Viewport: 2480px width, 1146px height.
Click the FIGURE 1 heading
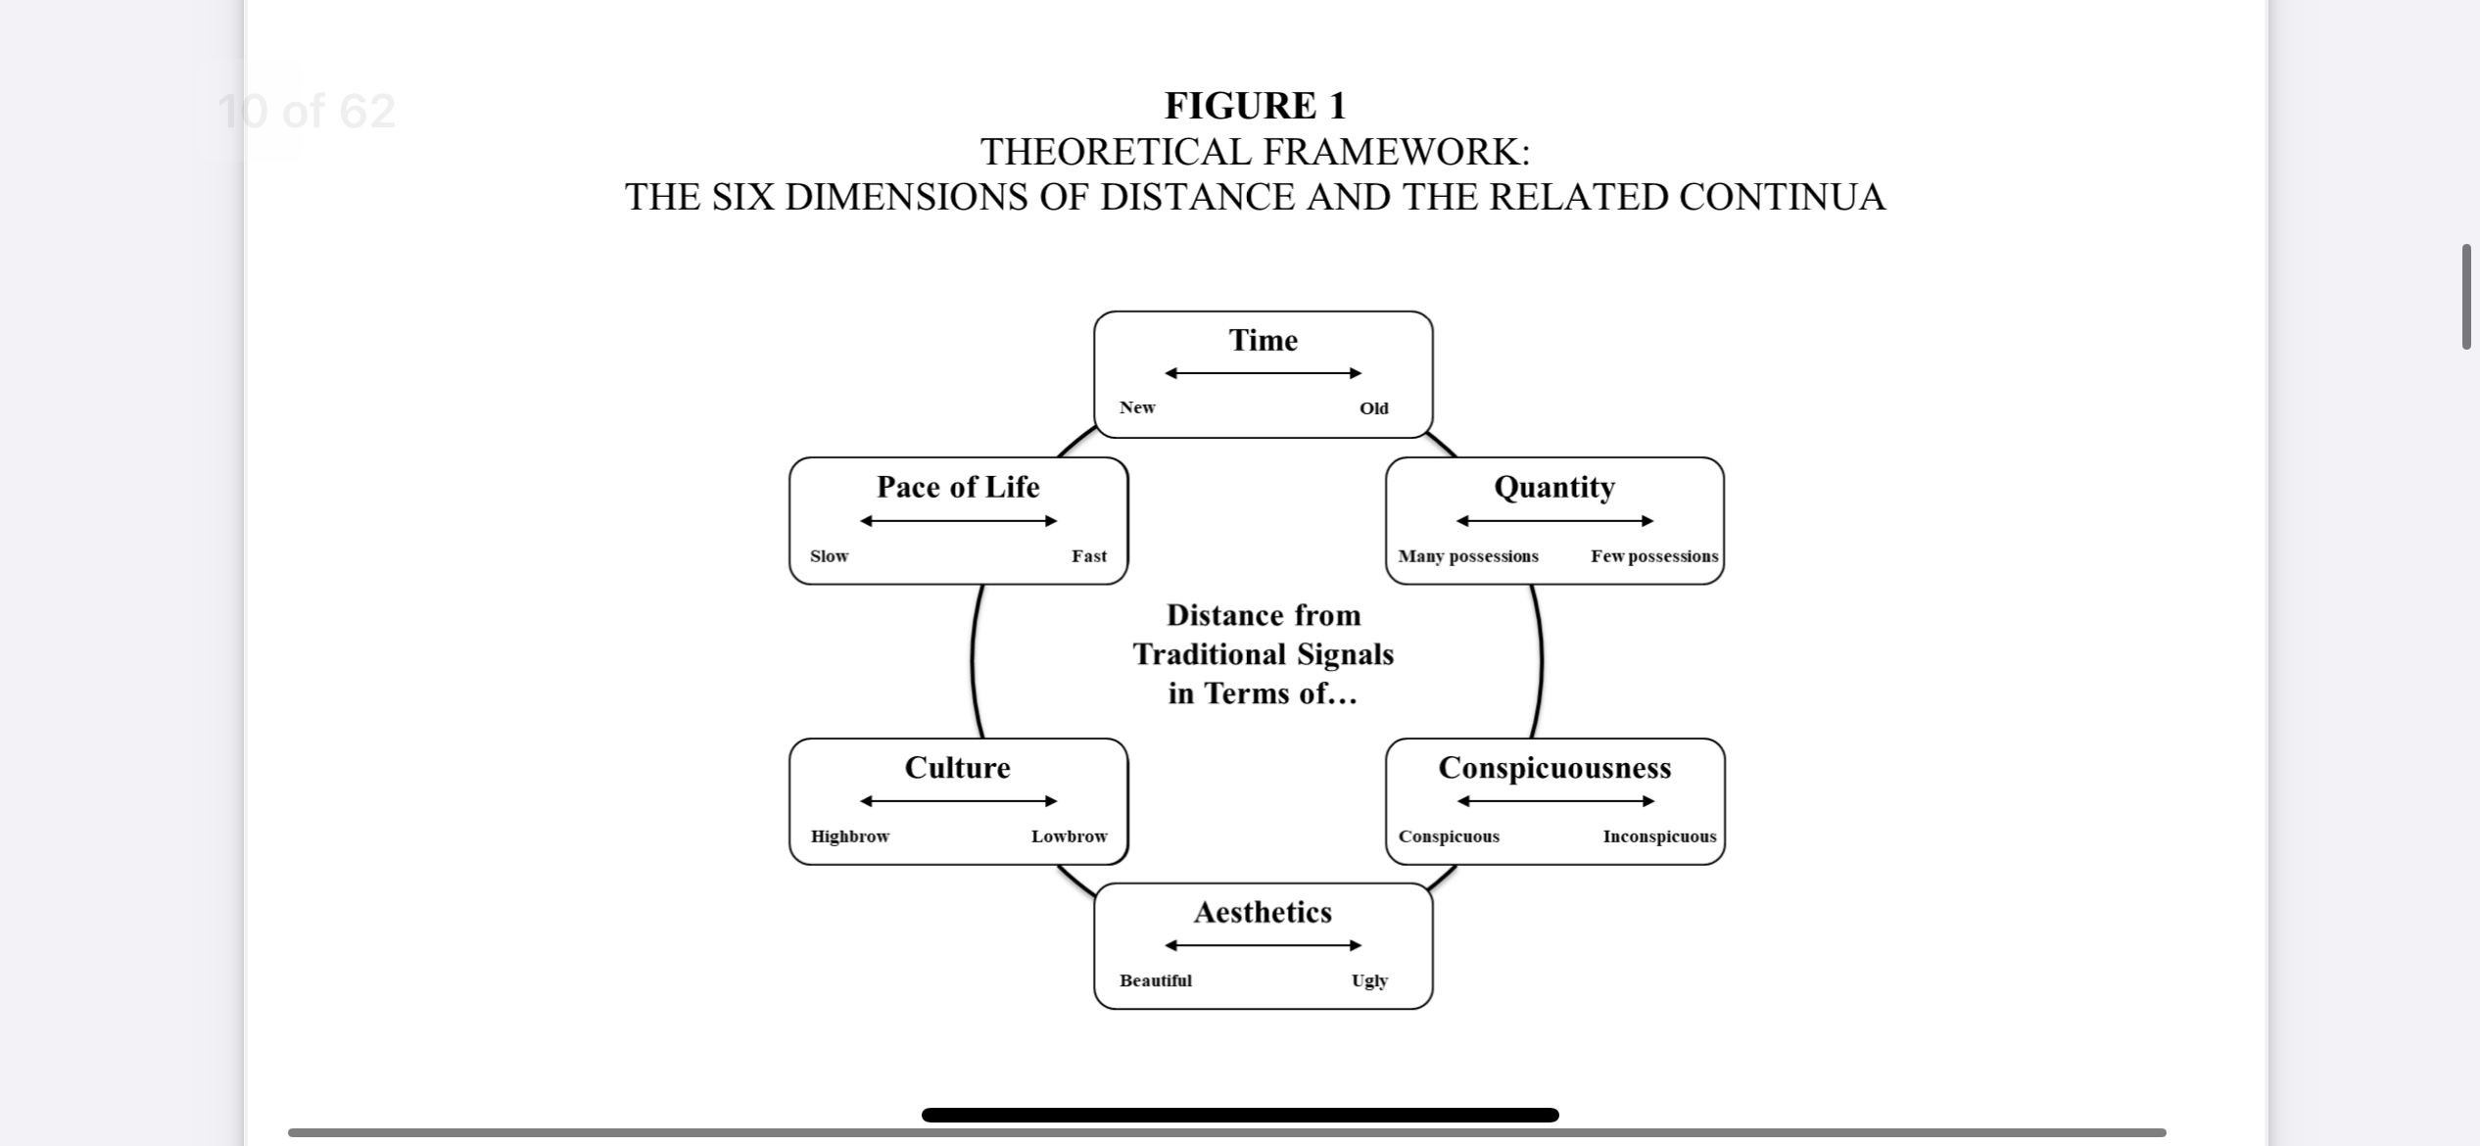pyautogui.click(x=1255, y=106)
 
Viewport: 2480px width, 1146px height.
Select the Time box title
pyautogui.click(x=1263, y=340)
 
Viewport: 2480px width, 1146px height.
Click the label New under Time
pyautogui.click(x=1137, y=407)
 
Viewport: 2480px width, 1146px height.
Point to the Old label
pyautogui.click(x=1373, y=408)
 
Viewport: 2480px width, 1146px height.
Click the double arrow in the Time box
pyautogui.click(x=1263, y=373)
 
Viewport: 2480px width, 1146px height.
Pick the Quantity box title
pyautogui.click(x=1554, y=487)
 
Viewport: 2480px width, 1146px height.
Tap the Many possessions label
pyautogui.click(x=1468, y=556)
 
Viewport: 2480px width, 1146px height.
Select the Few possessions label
pyautogui.click(x=1654, y=556)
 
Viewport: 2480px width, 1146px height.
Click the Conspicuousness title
pyautogui.click(x=1554, y=768)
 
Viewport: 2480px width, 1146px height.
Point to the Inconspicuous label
pyautogui.click(x=1659, y=836)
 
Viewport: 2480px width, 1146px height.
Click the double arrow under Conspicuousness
pyautogui.click(x=1555, y=801)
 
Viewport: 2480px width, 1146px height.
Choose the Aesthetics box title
pyautogui.click(x=1263, y=913)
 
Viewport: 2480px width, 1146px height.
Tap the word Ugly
pyautogui.click(x=1369, y=980)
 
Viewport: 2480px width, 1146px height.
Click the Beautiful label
pyautogui.click(x=1156, y=980)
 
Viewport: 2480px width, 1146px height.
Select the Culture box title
pyautogui.click(x=957, y=768)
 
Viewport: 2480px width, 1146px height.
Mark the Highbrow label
pyautogui.click(x=849, y=836)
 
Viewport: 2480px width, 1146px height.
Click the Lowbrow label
pyautogui.click(x=1069, y=836)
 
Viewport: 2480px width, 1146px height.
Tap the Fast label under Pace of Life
pyautogui.click(x=1088, y=556)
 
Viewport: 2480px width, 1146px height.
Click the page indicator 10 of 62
pyautogui.click(x=307, y=111)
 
